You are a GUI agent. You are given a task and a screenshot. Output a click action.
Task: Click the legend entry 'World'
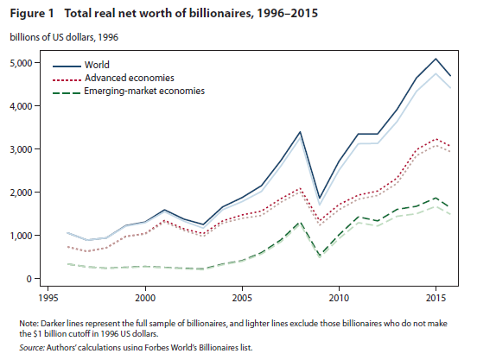[x=98, y=65]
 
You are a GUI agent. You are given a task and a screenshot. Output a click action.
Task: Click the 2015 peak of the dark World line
[x=435, y=59]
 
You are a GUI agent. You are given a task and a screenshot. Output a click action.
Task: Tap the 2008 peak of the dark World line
[x=299, y=132]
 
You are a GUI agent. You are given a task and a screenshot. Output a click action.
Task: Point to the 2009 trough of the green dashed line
[x=319, y=256]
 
